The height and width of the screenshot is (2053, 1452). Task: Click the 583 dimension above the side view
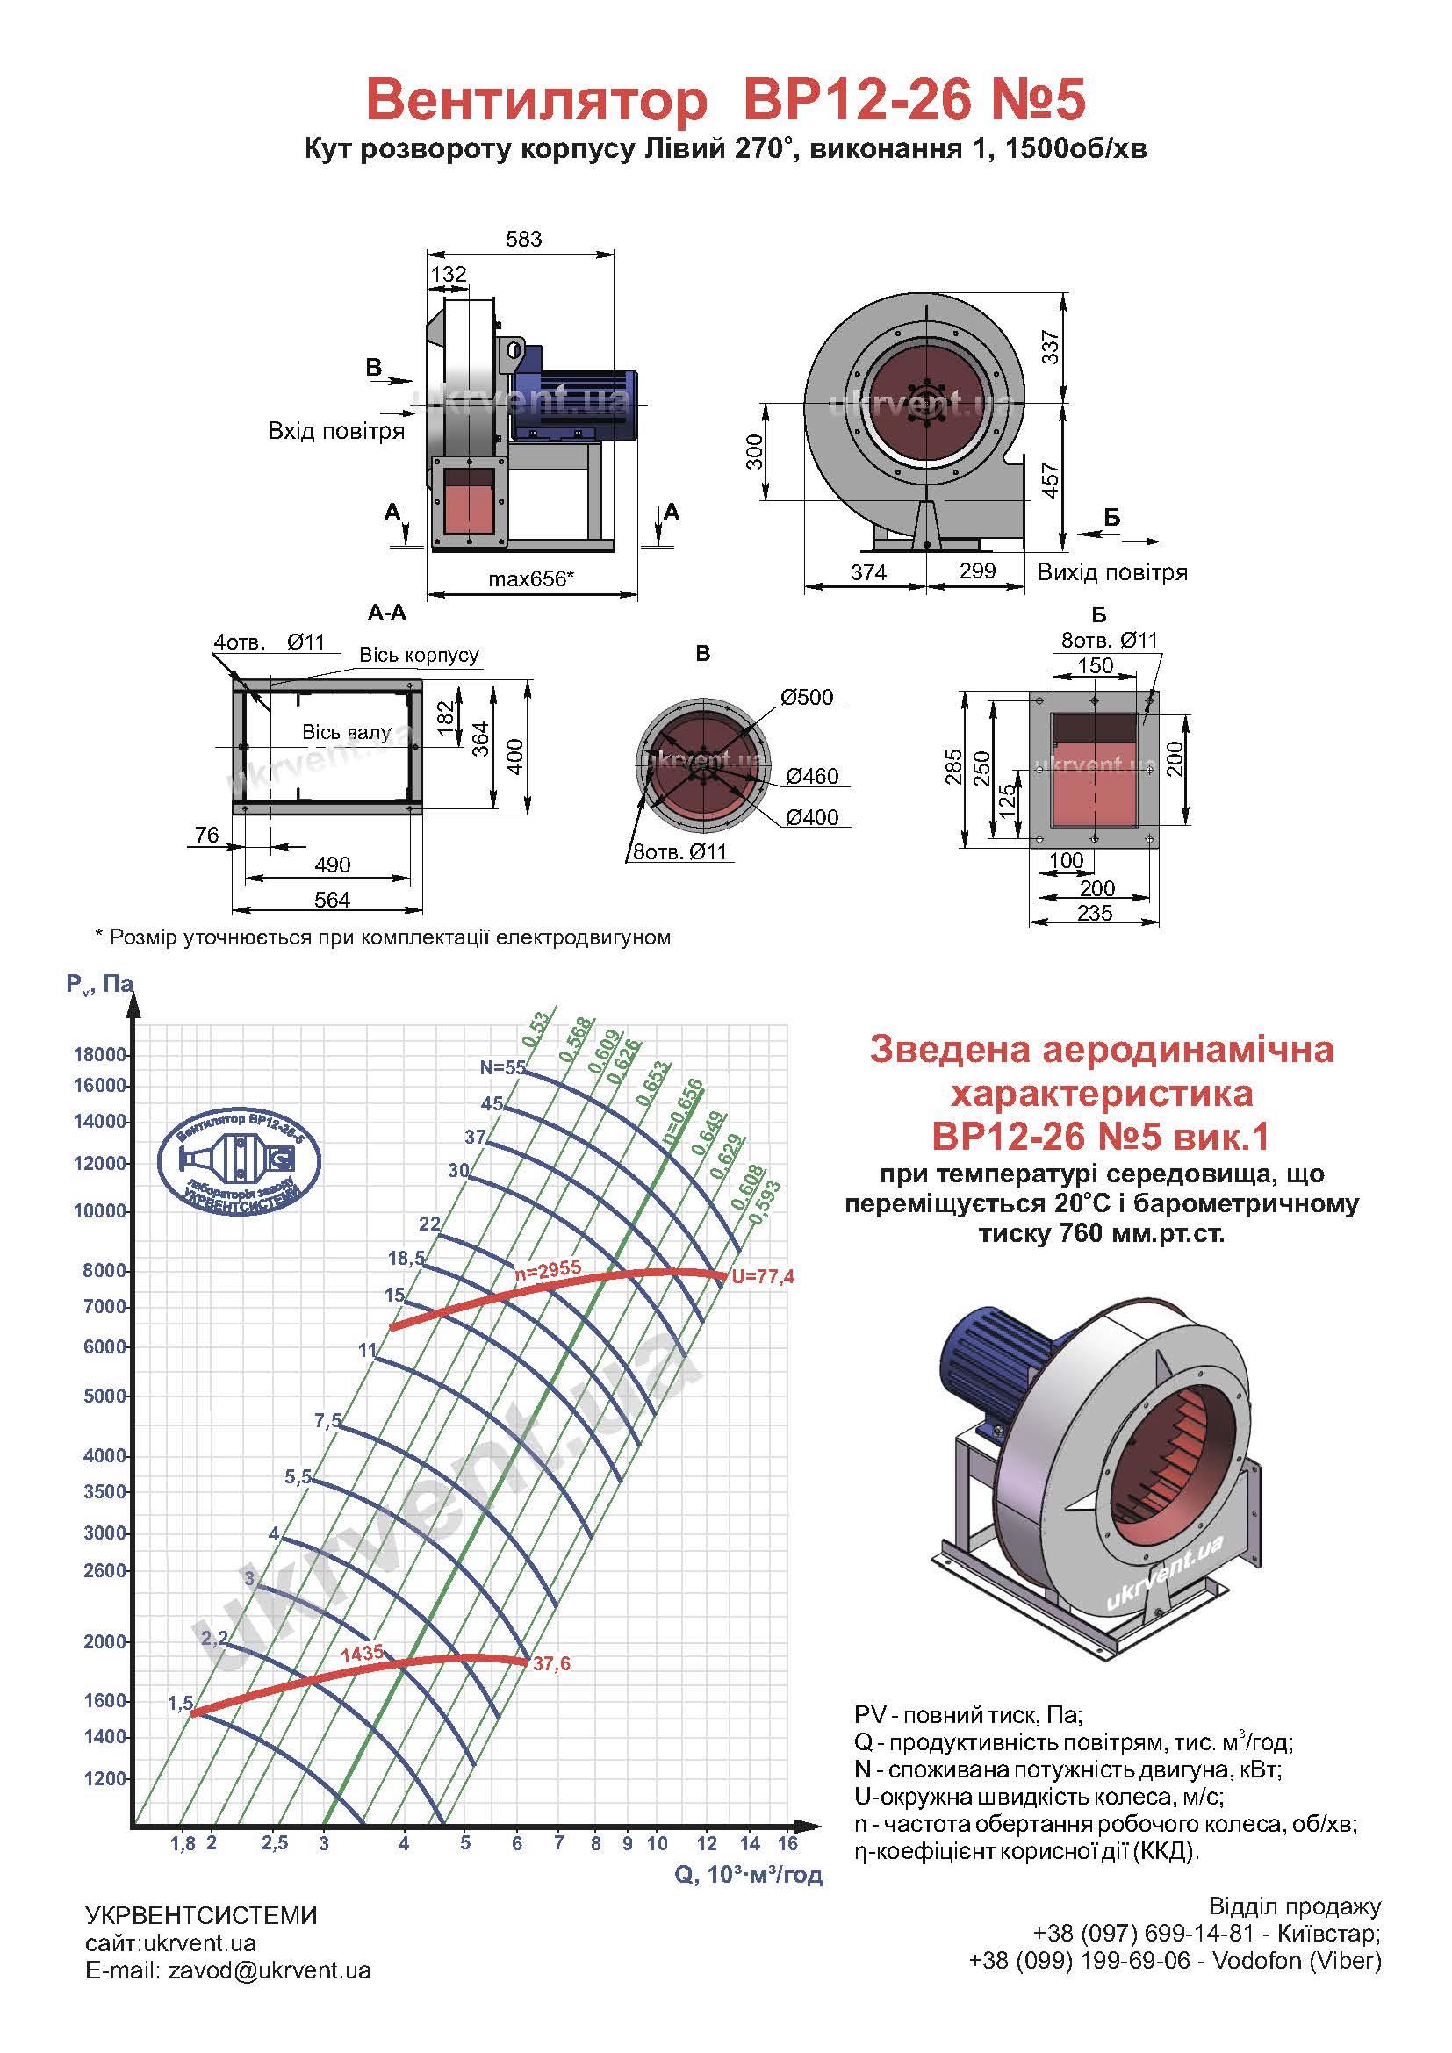[524, 239]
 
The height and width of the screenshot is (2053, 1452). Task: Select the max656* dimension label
[531, 578]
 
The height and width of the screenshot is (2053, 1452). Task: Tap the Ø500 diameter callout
[807, 697]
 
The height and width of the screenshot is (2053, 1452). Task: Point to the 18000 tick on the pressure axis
[100, 1054]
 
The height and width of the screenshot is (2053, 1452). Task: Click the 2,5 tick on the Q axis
[276, 1843]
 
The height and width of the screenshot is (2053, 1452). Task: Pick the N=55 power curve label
[502, 1066]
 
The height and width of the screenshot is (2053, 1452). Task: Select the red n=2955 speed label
[548, 1268]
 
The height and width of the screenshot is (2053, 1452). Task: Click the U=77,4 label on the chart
[763, 1277]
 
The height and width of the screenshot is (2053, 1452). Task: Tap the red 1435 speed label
[362, 1653]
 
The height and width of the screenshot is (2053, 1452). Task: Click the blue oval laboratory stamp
[239, 1161]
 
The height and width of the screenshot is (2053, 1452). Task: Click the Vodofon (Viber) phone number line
[1175, 1960]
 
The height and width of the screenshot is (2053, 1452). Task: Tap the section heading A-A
[386, 612]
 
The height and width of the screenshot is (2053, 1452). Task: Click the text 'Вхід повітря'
[336, 431]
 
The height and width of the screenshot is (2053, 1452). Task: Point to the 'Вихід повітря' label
[1112, 572]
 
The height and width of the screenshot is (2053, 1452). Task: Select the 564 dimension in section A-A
[332, 900]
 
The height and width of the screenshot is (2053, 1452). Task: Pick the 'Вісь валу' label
[346, 732]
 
